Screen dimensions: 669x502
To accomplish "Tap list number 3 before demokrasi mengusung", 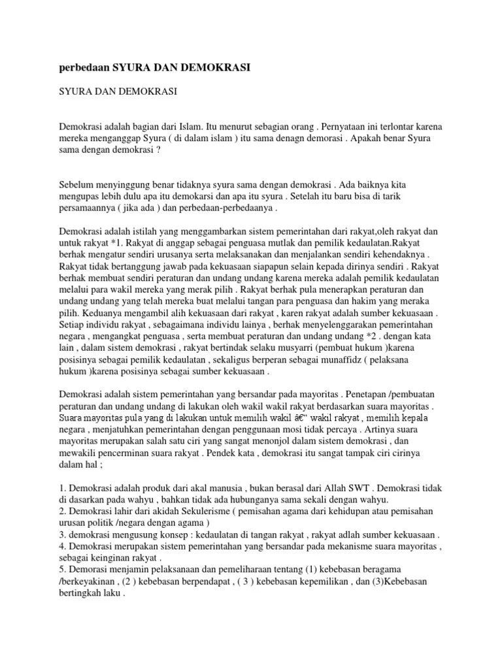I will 63,535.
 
